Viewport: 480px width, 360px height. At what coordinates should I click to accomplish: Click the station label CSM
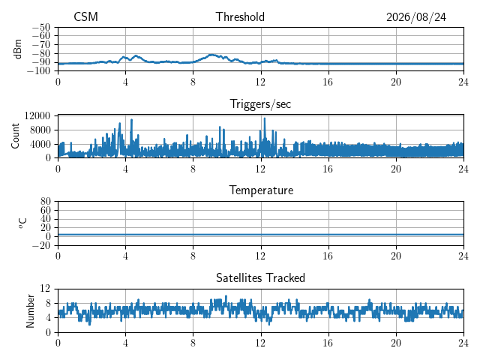85,16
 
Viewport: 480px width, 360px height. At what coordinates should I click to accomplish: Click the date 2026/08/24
416,17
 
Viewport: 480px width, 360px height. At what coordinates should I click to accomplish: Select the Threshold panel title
240,16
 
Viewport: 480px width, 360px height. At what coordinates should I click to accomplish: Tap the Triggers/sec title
260,104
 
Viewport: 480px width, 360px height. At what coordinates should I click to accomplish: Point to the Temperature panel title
261,190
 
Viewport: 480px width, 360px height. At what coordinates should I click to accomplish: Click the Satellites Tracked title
260,277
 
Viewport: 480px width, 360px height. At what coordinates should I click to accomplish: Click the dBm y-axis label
17,49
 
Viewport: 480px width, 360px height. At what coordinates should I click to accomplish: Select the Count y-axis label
15,136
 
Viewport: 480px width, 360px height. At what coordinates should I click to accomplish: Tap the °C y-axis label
22,223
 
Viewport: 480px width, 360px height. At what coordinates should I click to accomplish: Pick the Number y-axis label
30,311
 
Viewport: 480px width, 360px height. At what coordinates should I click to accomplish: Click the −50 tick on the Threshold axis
40,27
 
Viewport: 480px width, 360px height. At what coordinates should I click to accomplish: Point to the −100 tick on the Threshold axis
38,70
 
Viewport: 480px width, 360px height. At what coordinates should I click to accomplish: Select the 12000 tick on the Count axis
37,115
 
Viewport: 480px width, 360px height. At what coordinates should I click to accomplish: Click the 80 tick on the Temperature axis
45,201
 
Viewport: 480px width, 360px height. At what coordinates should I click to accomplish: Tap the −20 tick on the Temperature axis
40,245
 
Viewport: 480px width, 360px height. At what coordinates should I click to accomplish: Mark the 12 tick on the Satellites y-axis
45,288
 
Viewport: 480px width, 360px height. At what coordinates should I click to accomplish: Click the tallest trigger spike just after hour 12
265,118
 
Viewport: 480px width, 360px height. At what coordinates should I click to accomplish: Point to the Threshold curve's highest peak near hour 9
211,55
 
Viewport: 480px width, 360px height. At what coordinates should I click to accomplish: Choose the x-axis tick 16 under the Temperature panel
328,256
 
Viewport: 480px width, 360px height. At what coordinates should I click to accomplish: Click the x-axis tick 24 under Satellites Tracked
463,343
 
